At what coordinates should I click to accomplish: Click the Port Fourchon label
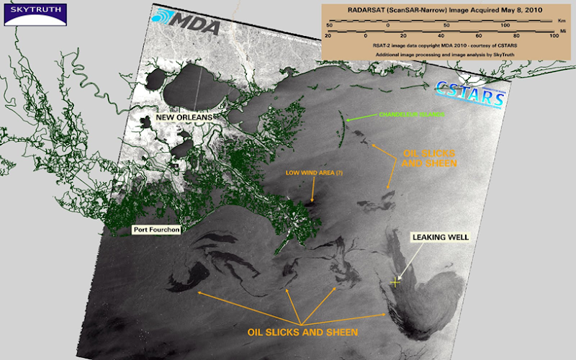pyautogui.click(x=156, y=230)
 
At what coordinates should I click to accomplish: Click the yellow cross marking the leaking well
pyautogui.click(x=395, y=282)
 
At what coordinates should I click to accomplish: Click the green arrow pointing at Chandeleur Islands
pyautogui.click(x=360, y=118)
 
